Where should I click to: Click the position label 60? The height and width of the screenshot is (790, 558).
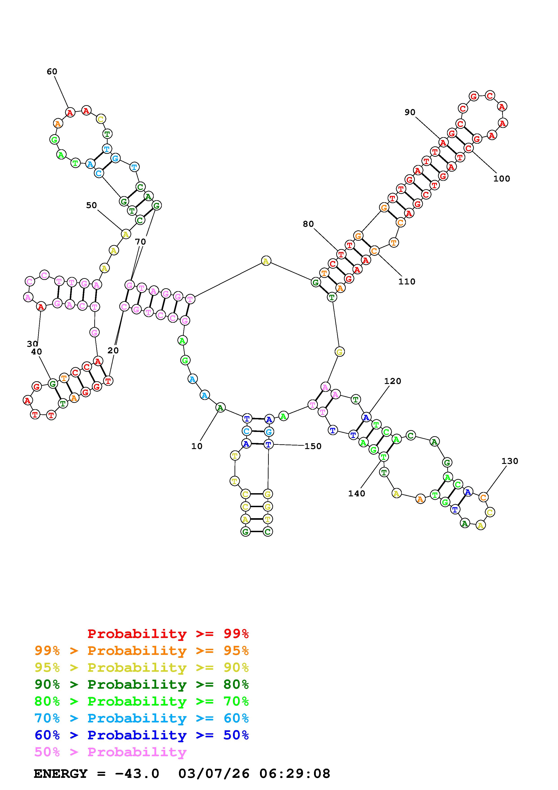tap(52, 72)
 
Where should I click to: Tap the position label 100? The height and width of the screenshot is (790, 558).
tap(502, 179)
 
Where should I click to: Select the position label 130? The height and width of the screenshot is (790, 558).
tap(510, 461)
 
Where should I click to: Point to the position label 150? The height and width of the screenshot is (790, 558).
tap(313, 446)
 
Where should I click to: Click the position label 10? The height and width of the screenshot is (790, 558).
tap(197, 446)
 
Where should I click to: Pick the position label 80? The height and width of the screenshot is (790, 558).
tap(308, 224)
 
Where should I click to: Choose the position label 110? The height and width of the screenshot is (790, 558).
tap(407, 281)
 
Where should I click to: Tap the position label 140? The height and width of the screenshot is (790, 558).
tap(357, 493)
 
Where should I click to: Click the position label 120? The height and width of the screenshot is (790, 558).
tap(393, 381)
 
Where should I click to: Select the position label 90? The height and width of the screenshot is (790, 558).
tap(410, 112)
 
